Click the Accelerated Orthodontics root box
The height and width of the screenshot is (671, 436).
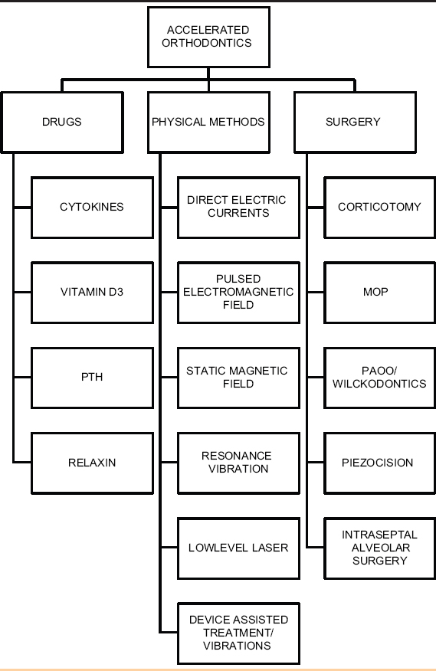coord(208,37)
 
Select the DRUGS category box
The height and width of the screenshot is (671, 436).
coord(62,123)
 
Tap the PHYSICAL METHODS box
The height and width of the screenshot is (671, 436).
coord(208,123)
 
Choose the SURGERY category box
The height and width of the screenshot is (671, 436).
coord(355,123)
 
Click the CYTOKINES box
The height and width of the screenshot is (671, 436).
coord(92,208)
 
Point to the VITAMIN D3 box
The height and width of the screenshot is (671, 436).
coord(92,293)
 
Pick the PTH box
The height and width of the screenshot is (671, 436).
coord(92,378)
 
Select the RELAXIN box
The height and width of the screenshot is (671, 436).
coord(92,463)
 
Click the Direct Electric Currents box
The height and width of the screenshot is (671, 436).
coord(238,208)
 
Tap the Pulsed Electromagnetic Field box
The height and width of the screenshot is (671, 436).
coord(238,293)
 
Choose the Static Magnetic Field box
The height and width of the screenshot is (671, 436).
coord(238,378)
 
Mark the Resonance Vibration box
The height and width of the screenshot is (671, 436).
coord(238,463)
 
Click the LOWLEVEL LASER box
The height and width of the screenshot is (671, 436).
coord(238,548)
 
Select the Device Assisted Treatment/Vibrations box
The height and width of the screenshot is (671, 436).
coord(238,633)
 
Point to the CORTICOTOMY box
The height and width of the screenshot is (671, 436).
coord(380,208)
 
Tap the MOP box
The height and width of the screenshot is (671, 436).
coord(380,293)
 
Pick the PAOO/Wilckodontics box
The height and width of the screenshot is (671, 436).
coord(380,378)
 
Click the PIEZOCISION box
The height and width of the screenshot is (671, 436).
coord(380,463)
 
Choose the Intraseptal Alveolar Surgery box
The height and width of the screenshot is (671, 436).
coord(380,548)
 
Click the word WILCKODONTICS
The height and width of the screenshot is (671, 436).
coord(379,384)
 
